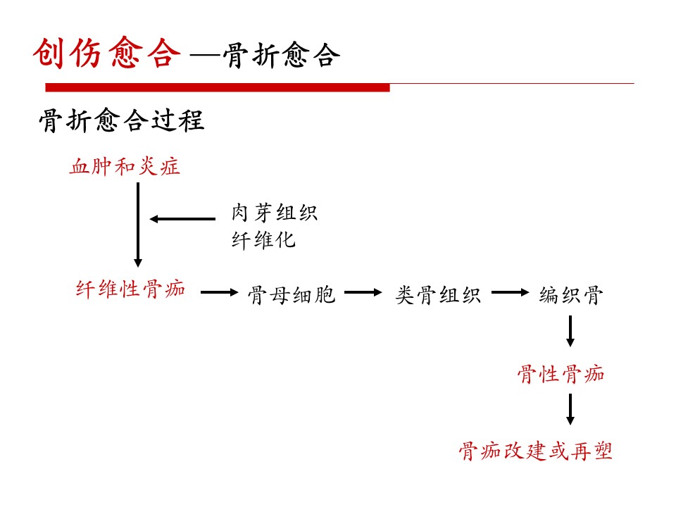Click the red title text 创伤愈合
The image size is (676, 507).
107,53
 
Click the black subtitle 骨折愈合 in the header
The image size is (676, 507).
282,56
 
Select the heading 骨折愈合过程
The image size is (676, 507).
122,120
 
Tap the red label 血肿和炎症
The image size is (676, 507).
125,166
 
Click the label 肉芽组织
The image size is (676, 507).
275,213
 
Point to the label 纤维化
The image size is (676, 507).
263,239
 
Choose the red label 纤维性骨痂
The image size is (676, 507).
131,289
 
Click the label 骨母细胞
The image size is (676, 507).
292,295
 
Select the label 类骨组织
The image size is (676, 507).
438,295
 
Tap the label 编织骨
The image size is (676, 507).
571,295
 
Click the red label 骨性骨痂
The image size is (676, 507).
561,374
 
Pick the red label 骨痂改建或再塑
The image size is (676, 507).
535,451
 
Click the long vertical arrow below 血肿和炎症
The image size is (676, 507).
138,225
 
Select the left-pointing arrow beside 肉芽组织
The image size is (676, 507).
182,219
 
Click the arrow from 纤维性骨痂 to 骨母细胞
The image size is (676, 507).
220,292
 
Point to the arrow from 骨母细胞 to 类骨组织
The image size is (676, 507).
363,292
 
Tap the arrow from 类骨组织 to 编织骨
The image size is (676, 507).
511,292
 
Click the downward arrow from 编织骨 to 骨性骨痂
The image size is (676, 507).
570,331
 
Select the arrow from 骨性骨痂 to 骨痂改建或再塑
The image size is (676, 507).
570,409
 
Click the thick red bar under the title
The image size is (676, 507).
218,87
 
